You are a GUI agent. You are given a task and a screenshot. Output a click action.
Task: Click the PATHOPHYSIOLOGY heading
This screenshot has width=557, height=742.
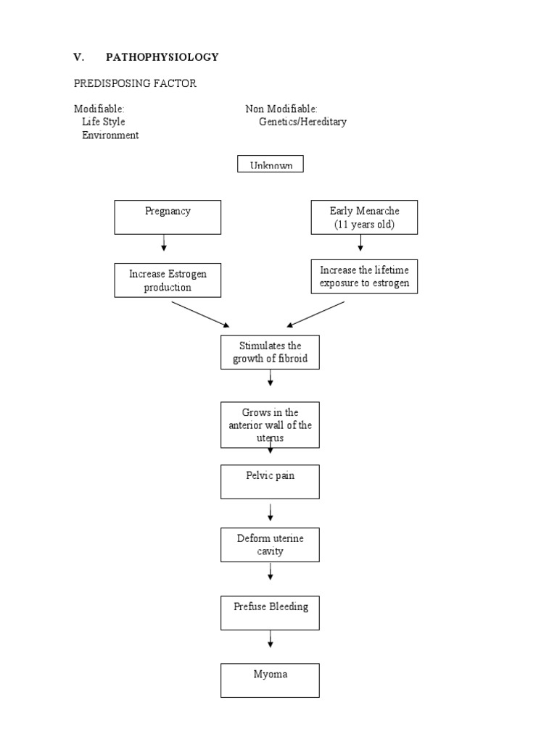(x=162, y=57)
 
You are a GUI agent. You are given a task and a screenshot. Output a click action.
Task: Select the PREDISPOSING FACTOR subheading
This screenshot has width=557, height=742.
(x=135, y=84)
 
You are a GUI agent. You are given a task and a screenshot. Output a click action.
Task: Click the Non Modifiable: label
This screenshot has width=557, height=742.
(x=281, y=109)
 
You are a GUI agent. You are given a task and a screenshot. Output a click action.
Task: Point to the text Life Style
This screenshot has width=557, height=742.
(x=103, y=122)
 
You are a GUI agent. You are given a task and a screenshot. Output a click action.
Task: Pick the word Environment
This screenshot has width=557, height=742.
(x=110, y=136)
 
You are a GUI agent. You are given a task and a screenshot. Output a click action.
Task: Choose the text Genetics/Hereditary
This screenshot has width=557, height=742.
(x=302, y=122)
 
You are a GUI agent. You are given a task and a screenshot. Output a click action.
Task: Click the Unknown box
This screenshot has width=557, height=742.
(x=271, y=164)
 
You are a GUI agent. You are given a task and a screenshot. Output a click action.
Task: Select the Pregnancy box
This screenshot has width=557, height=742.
(x=168, y=217)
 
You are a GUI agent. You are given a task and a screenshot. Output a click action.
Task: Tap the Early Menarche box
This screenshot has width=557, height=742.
(x=364, y=217)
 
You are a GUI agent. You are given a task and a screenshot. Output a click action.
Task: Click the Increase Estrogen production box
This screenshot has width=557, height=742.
(x=168, y=280)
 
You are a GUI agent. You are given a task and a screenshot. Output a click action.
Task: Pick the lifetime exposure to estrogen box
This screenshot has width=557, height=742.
(x=364, y=277)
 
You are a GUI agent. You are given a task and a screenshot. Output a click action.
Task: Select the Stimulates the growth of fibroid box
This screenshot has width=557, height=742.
(x=270, y=352)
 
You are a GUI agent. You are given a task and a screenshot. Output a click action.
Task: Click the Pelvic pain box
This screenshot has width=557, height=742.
(x=270, y=482)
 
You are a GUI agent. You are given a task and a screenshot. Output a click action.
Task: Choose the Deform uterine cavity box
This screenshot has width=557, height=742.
(x=270, y=545)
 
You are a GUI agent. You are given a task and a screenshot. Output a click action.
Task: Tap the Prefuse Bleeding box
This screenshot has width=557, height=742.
(x=270, y=612)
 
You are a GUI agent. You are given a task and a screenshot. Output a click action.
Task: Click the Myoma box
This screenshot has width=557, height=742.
(x=270, y=680)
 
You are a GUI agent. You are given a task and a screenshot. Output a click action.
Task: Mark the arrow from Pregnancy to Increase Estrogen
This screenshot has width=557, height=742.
(x=165, y=243)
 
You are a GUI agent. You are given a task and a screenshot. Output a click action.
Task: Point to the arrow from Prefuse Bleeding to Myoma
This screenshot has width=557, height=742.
(x=271, y=639)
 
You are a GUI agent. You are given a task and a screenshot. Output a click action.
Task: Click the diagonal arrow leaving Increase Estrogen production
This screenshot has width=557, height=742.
(x=200, y=314)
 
